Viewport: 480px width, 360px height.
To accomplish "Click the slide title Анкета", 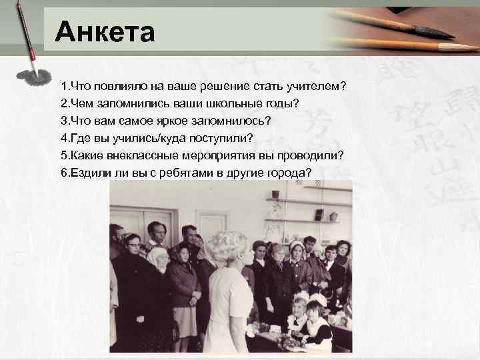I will point(105,32).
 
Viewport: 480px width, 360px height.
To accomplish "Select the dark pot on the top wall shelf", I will point(319,215).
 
